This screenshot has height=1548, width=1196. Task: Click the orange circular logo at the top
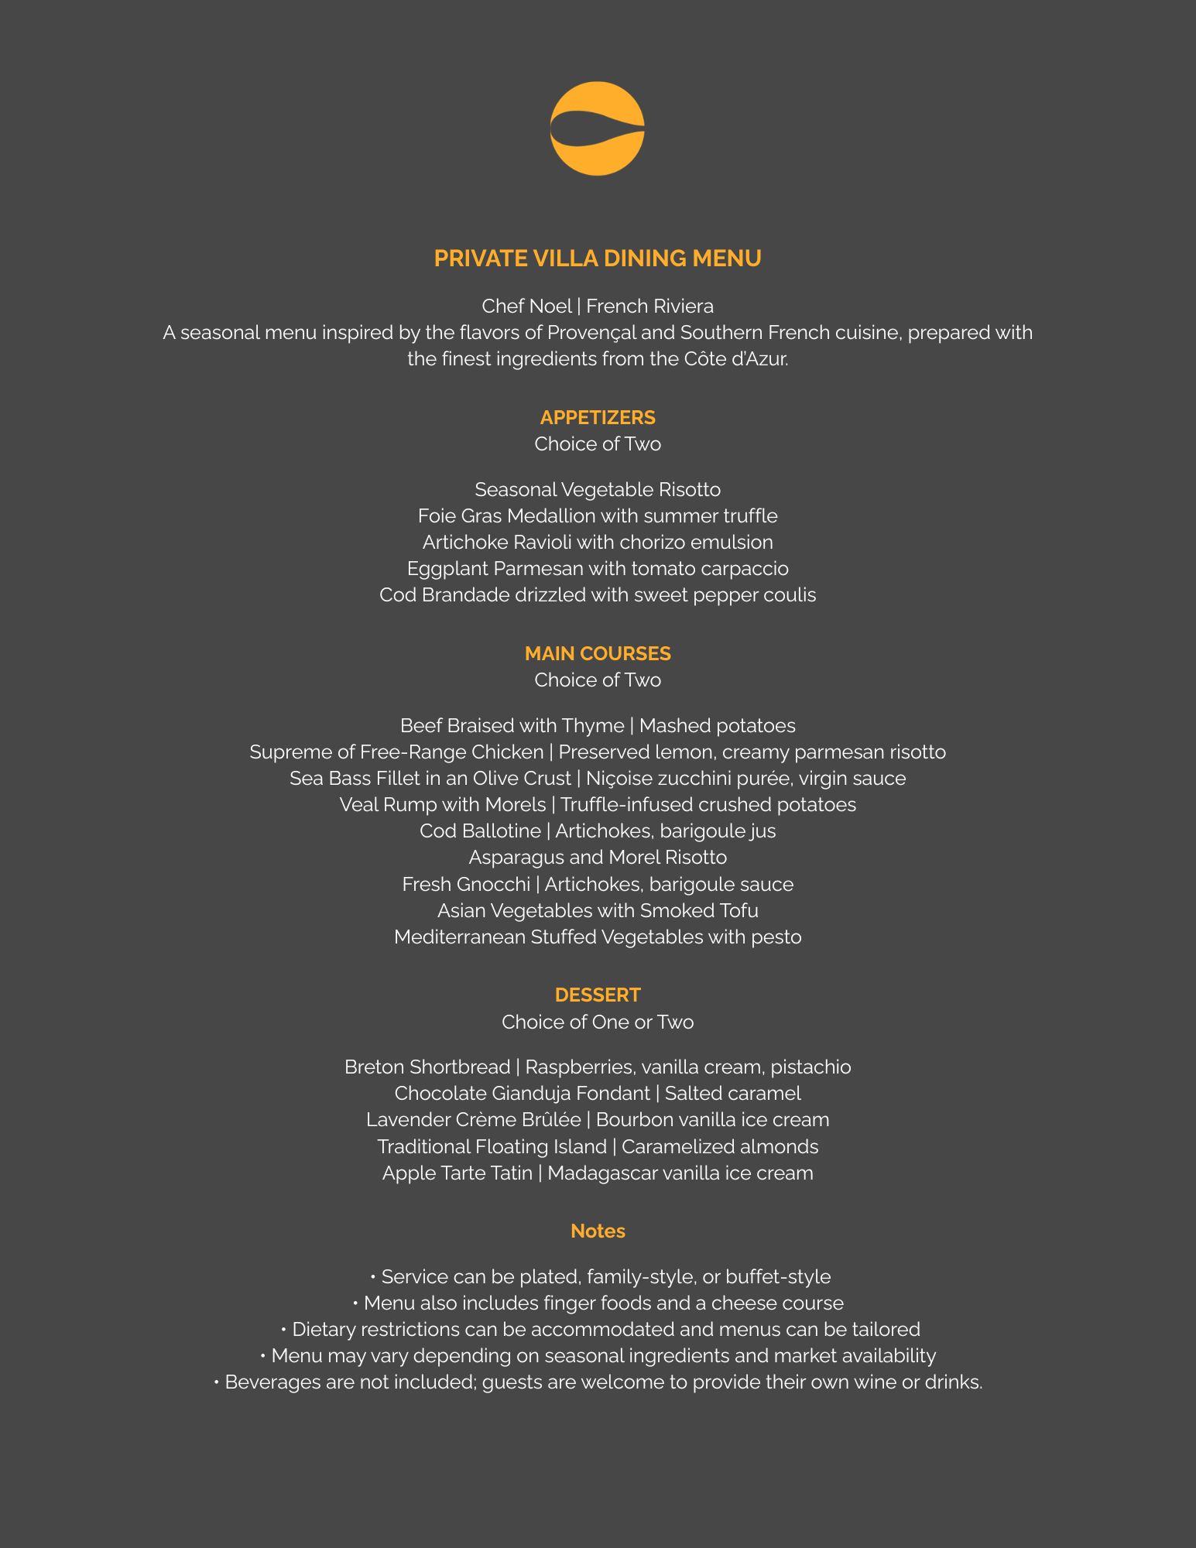coord(597,128)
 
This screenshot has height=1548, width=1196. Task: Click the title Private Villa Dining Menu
coord(597,259)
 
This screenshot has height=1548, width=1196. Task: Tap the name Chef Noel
coord(526,307)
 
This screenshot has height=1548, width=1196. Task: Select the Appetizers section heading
coord(597,418)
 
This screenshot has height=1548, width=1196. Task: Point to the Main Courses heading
coord(597,654)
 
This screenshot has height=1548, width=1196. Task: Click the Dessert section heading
coord(597,995)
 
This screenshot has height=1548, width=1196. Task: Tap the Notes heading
coord(597,1231)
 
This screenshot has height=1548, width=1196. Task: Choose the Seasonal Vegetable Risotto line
coord(597,490)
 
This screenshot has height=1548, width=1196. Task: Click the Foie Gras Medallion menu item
coord(597,516)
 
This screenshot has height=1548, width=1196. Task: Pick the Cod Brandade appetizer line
coord(597,595)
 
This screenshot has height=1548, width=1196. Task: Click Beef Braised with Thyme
coord(512,726)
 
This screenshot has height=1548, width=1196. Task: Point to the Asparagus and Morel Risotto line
coord(597,858)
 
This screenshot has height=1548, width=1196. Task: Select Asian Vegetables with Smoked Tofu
coord(597,911)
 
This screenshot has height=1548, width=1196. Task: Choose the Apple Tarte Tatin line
coord(597,1173)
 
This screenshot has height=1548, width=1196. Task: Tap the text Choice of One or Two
coord(597,1022)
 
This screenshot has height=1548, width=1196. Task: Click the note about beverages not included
coord(597,1382)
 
